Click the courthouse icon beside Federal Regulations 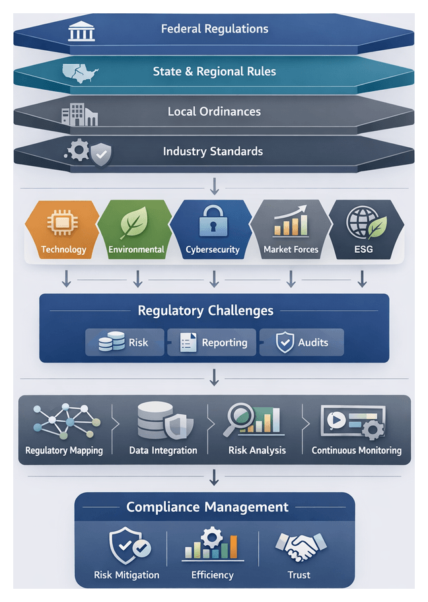click(81, 30)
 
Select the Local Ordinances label click(214, 112)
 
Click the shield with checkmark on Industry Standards click(101, 154)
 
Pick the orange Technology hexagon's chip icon click(63, 224)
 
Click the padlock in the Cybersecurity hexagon click(213, 222)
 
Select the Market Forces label click(291, 250)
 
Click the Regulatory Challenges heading click(205, 310)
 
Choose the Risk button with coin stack click(124, 343)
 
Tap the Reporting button click(213, 343)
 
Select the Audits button click(301, 343)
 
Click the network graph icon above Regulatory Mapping click(64, 422)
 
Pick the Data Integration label click(163, 450)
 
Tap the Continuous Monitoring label click(357, 450)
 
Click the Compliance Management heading click(207, 507)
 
